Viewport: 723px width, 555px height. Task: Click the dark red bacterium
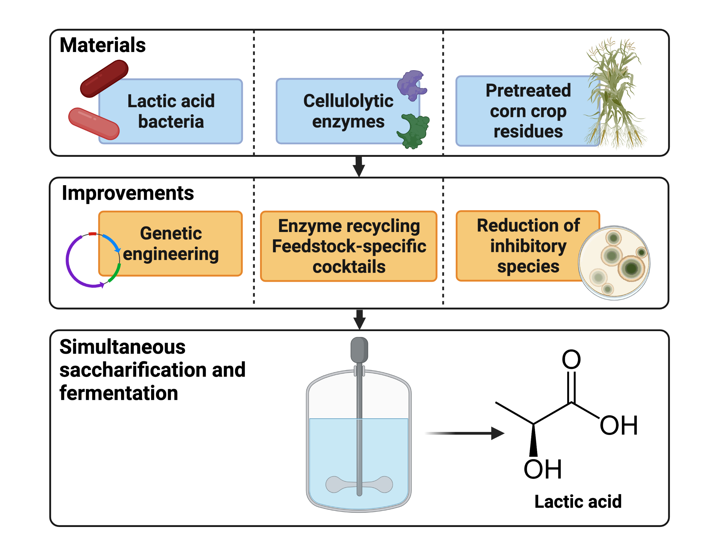(104, 79)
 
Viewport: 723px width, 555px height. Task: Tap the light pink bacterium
(94, 124)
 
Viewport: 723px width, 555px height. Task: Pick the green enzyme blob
(414, 131)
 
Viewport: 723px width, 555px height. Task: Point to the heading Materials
(102, 45)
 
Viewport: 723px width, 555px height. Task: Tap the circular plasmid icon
(92, 260)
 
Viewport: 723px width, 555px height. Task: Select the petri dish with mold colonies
(614, 263)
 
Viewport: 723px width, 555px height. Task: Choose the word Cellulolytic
(348, 101)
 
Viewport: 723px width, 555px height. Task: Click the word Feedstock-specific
(349, 246)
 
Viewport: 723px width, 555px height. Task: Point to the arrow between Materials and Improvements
(359, 166)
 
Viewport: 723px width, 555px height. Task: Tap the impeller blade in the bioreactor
(359, 485)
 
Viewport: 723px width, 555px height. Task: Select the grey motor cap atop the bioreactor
(359, 350)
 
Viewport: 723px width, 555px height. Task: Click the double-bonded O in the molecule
(571, 359)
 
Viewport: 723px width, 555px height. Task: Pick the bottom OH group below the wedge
(543, 469)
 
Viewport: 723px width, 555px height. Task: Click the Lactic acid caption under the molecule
(578, 502)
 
